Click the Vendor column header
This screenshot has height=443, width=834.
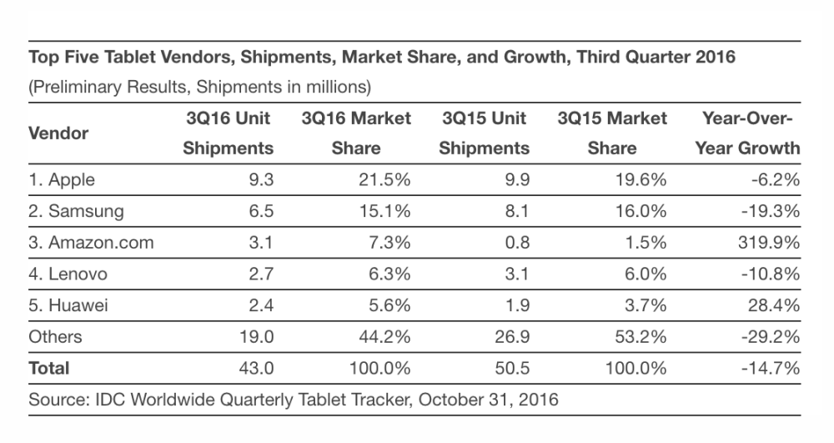point(58,133)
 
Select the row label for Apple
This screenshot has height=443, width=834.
point(62,179)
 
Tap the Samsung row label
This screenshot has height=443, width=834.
point(76,211)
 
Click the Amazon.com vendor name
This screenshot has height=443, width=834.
point(91,243)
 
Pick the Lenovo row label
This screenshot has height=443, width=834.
point(68,274)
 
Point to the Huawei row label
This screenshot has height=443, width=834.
point(68,305)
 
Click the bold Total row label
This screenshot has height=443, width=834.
point(49,368)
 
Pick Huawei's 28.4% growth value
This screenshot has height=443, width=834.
point(774,305)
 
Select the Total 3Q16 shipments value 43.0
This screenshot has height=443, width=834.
point(255,368)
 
